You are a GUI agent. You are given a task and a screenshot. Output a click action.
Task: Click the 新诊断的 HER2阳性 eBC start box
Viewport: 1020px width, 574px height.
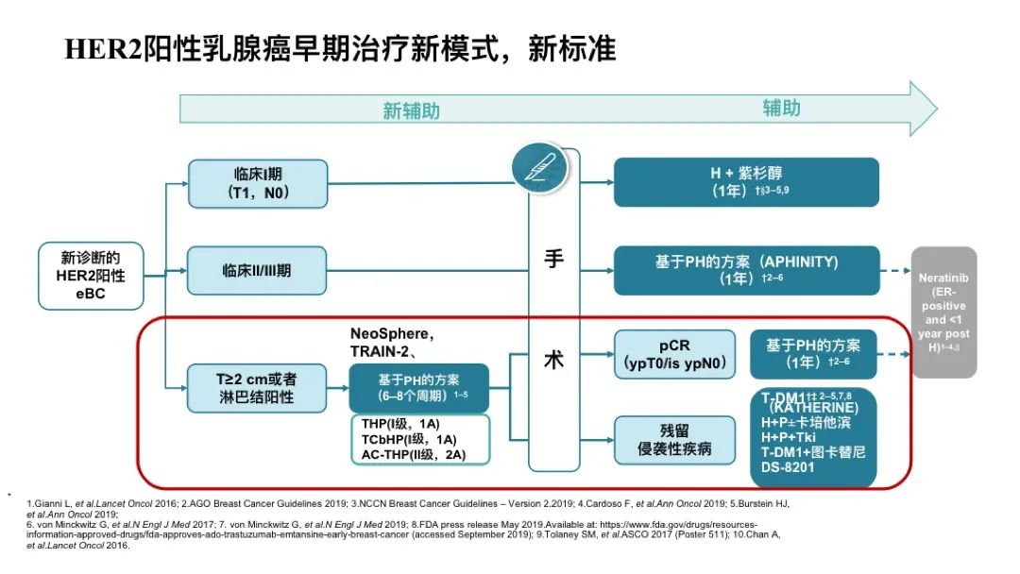pyautogui.click(x=91, y=275)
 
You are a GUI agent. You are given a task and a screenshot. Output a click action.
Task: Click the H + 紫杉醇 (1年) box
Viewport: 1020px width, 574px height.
pyautogui.click(x=746, y=182)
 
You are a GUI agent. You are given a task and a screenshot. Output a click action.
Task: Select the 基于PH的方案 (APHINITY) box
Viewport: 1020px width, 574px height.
pyautogui.click(x=746, y=270)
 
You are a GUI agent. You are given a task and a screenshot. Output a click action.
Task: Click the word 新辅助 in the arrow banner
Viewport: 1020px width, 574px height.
pyautogui.click(x=411, y=110)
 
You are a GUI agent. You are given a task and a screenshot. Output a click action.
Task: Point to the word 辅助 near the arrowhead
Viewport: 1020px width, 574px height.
pyautogui.click(x=781, y=108)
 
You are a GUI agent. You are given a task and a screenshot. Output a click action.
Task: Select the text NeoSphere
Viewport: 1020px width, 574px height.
pyautogui.click(x=391, y=333)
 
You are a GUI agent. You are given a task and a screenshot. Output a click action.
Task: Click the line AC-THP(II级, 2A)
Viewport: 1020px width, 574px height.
pyautogui.click(x=414, y=456)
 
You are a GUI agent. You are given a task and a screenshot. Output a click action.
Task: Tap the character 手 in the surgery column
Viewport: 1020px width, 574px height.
pyautogui.click(x=554, y=260)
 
